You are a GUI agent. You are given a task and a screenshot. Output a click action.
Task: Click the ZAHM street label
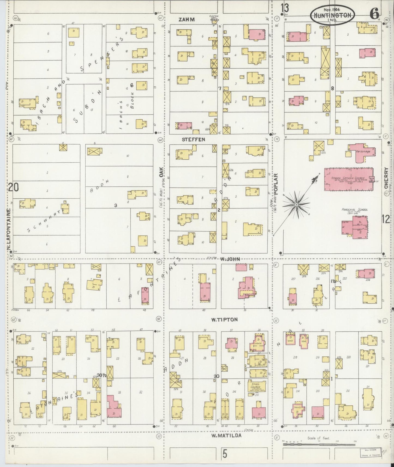pos(187,20)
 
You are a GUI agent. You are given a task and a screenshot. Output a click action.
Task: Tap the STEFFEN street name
pos(193,139)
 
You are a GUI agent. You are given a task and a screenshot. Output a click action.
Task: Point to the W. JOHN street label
pos(231,259)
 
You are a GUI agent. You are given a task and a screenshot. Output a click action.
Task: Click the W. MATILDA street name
pos(226,436)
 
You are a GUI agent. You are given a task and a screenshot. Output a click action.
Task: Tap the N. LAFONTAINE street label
pos(9,230)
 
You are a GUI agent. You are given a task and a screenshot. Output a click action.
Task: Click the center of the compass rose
pos(296,204)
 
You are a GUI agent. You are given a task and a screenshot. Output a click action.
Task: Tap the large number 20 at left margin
pos(13,187)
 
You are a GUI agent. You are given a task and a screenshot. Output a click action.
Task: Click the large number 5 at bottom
pos(225,454)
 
